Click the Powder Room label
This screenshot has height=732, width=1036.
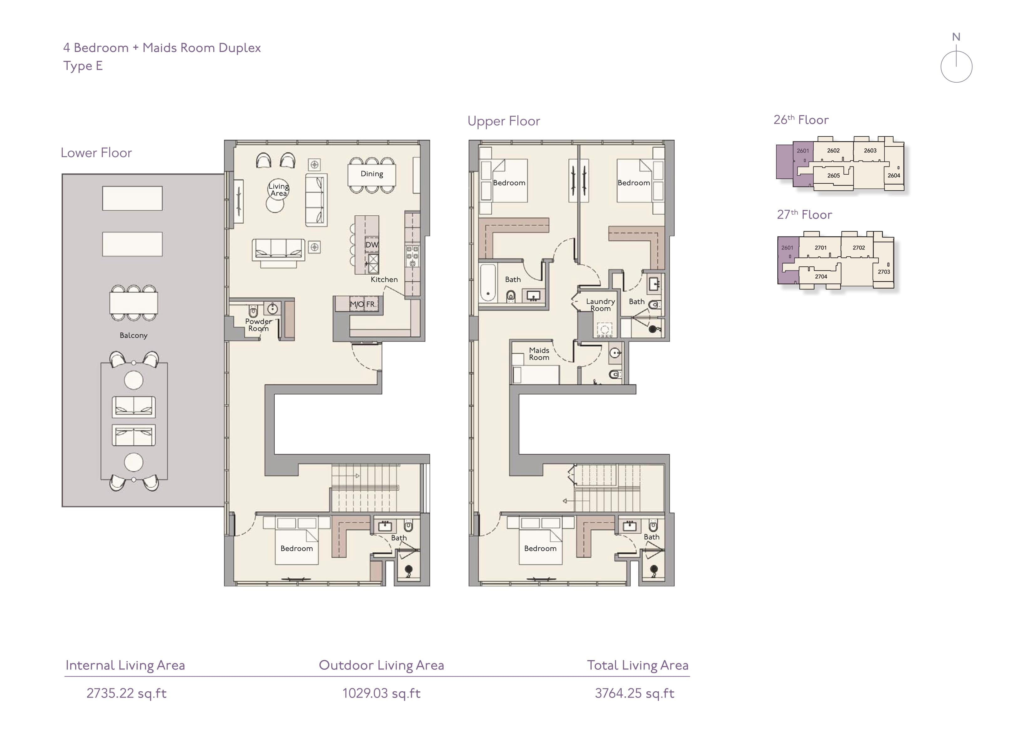259,325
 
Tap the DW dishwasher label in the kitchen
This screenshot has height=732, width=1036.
372,245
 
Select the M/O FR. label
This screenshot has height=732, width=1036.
363,305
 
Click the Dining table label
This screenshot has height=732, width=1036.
372,174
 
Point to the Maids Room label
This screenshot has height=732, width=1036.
539,354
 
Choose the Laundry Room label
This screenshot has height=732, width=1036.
601,305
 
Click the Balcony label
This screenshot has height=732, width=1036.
133,335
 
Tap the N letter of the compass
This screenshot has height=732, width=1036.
956,37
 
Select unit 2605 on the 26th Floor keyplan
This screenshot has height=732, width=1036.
833,176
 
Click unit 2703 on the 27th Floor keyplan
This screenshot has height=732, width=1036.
884,272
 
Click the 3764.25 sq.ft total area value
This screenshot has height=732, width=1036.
635,693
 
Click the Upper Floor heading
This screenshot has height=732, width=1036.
504,121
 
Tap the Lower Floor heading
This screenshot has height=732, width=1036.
96,153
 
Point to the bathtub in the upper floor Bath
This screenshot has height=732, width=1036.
488,282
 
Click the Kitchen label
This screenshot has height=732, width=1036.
384,280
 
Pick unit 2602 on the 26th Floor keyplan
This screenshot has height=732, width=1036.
833,151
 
